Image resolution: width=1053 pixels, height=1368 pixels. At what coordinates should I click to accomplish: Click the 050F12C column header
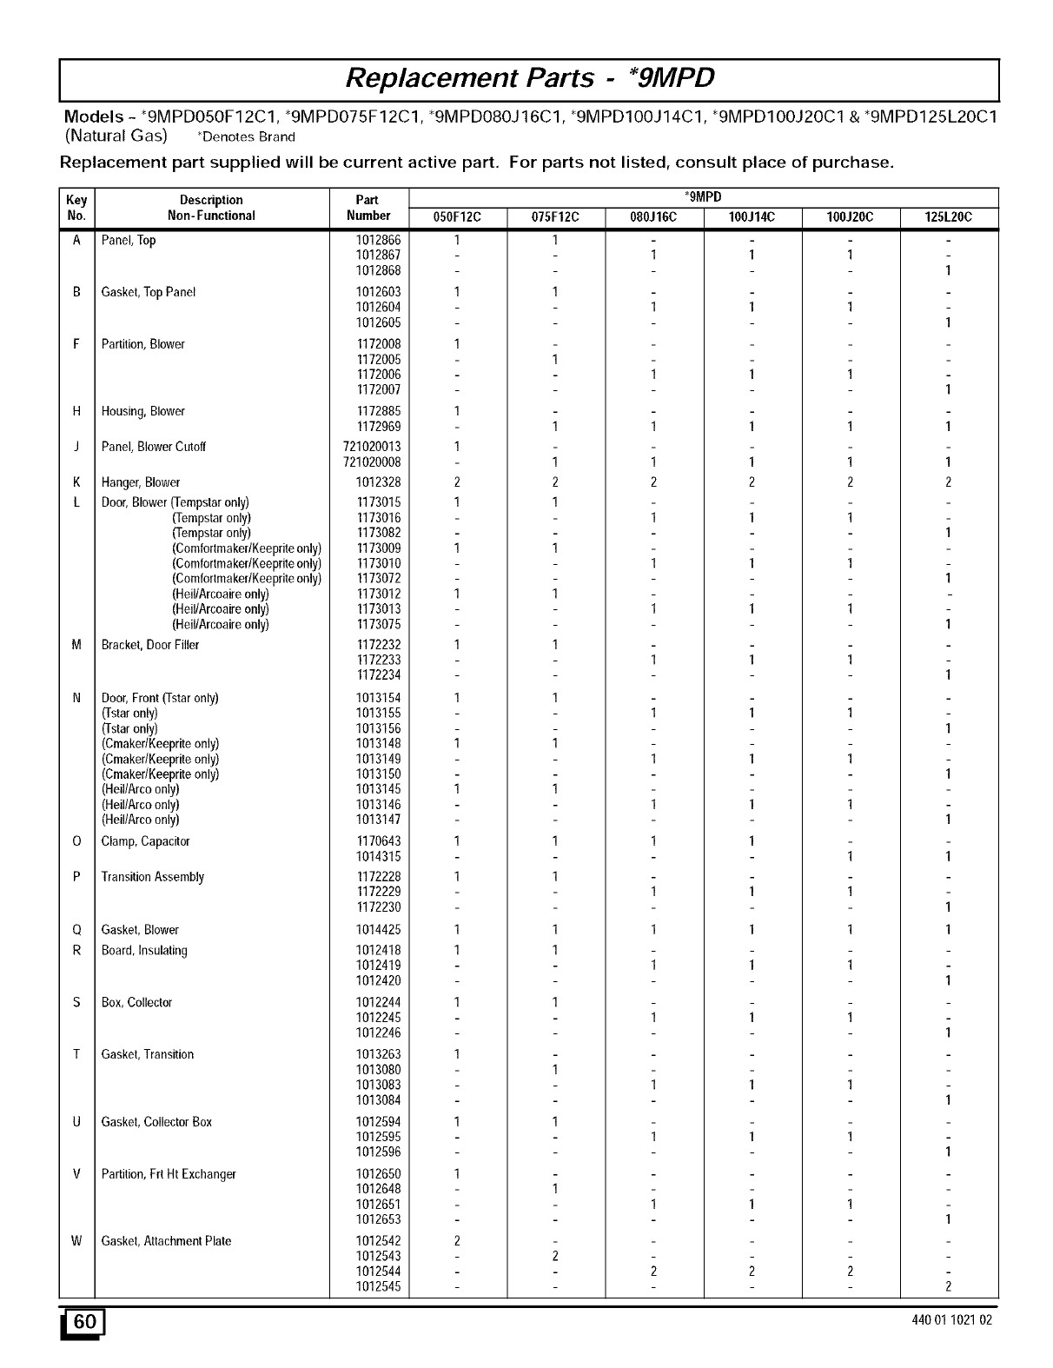click(457, 217)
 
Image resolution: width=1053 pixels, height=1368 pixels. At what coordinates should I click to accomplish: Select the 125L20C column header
click(949, 217)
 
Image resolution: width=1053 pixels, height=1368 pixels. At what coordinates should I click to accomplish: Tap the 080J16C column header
click(654, 217)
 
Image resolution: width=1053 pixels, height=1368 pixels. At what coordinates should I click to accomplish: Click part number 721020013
click(372, 447)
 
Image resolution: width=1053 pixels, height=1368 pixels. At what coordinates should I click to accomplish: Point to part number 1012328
click(378, 482)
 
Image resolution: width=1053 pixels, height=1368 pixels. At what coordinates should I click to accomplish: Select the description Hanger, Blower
click(141, 482)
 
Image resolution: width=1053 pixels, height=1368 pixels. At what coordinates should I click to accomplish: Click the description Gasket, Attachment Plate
click(166, 1241)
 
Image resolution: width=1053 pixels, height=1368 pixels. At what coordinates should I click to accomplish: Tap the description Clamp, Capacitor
click(145, 841)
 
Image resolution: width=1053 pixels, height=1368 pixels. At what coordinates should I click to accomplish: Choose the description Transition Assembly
click(153, 877)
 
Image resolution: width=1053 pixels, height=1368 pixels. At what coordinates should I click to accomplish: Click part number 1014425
click(378, 930)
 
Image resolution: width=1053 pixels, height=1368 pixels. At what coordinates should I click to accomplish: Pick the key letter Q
click(76, 930)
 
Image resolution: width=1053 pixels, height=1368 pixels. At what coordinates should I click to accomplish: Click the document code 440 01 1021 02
click(951, 1321)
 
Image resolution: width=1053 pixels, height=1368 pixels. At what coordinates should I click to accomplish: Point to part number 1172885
click(378, 411)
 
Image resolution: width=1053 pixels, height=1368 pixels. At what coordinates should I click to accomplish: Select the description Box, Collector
click(137, 1002)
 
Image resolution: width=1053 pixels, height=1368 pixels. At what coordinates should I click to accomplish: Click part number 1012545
click(378, 1287)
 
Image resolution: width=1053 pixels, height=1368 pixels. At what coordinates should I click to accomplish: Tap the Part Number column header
click(368, 208)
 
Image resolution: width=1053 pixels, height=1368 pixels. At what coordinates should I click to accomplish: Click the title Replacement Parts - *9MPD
click(530, 78)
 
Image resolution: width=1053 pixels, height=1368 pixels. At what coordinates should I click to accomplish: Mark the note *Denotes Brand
click(247, 136)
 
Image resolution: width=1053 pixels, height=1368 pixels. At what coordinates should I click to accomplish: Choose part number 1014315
click(378, 857)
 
